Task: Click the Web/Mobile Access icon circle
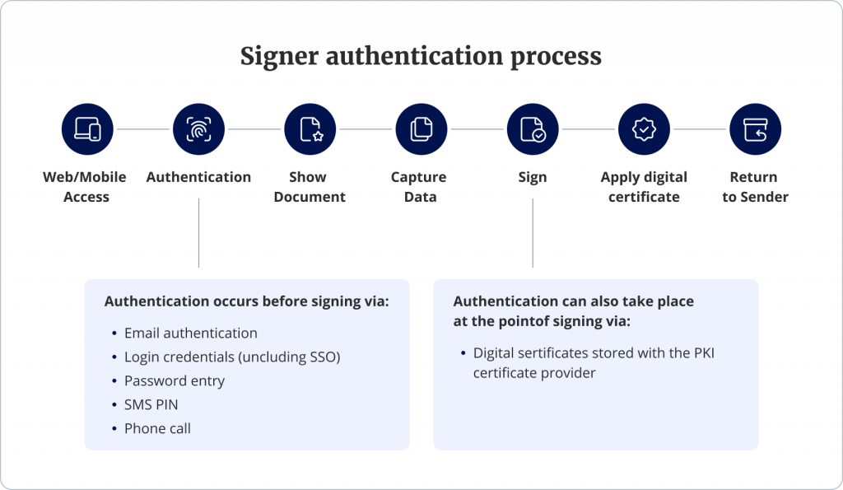[87, 129]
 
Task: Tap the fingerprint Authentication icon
[198, 129]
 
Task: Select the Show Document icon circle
[310, 129]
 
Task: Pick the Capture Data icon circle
[421, 129]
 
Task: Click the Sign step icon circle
[533, 129]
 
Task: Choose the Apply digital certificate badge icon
[644, 129]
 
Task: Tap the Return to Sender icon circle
[755, 129]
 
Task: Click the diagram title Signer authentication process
[421, 57]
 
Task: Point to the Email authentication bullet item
[190, 333]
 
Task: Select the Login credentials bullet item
[231, 357]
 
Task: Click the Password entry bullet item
[174, 380]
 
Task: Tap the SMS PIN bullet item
[151, 404]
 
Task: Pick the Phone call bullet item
[157, 428]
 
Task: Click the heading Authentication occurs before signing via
[246, 301]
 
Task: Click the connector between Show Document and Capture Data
[366, 129]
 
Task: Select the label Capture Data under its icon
[421, 187]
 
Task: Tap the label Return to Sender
[755, 187]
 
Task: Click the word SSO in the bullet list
[320, 357]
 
